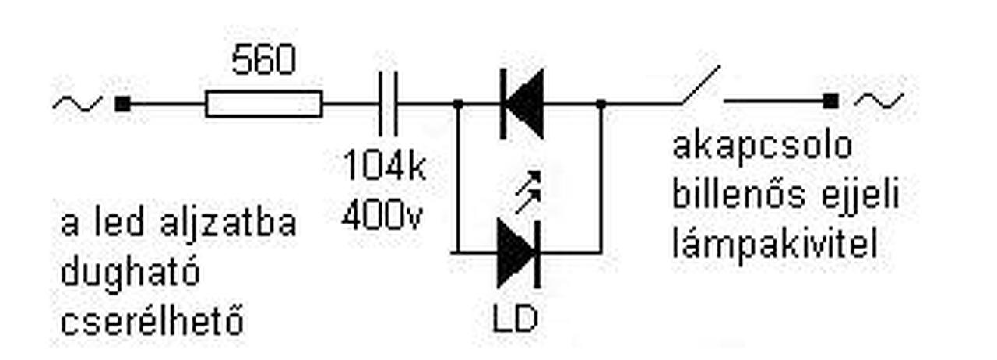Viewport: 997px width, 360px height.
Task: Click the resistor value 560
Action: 264,61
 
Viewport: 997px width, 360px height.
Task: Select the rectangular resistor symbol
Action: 263,104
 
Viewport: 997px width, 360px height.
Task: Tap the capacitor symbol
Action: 387,104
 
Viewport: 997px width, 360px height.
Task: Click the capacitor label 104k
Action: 385,167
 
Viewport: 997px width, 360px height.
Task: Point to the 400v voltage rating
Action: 382,215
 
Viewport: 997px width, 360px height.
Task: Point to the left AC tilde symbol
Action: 78,103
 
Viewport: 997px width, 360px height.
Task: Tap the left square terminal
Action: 122,103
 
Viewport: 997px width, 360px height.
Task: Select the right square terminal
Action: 831,100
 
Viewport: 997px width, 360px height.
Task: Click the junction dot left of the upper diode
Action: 457,103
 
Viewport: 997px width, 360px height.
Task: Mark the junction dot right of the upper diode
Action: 601,103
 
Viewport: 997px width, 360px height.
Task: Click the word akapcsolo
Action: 762,147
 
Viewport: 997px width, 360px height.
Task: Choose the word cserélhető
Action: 152,321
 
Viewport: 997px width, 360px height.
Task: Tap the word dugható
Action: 130,273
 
